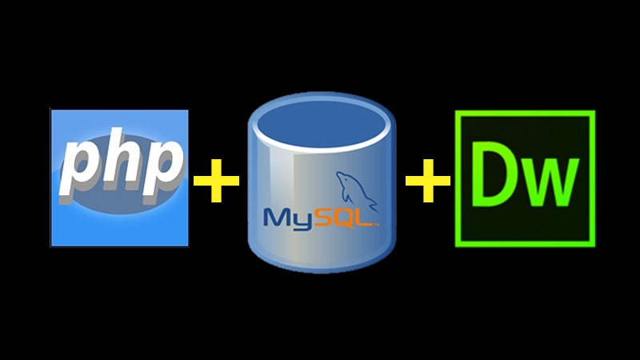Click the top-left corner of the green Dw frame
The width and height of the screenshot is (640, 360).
click(457, 113)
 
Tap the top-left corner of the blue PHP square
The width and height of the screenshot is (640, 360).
click(52, 111)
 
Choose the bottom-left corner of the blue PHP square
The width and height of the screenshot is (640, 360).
click(52, 245)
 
